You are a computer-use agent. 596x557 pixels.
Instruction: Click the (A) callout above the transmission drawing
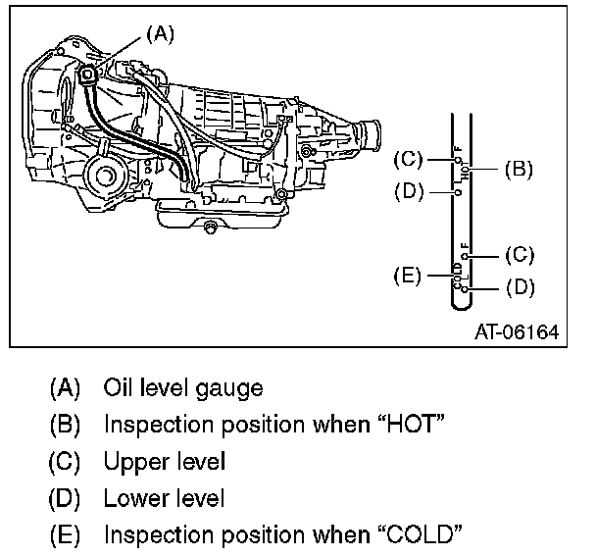[x=160, y=33]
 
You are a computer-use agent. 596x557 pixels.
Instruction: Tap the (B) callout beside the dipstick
[x=518, y=169]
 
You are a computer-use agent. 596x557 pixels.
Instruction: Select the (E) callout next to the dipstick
[x=408, y=275]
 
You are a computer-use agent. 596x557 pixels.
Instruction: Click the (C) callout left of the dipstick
[x=408, y=158]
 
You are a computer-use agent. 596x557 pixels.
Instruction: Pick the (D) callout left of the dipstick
[x=408, y=190]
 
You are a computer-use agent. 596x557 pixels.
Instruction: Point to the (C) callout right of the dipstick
[x=519, y=255]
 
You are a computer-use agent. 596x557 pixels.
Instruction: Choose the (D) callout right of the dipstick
[x=519, y=288]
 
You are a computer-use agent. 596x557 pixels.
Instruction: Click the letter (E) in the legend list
[x=65, y=535]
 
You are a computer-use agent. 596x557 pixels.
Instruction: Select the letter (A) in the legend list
[x=65, y=388]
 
